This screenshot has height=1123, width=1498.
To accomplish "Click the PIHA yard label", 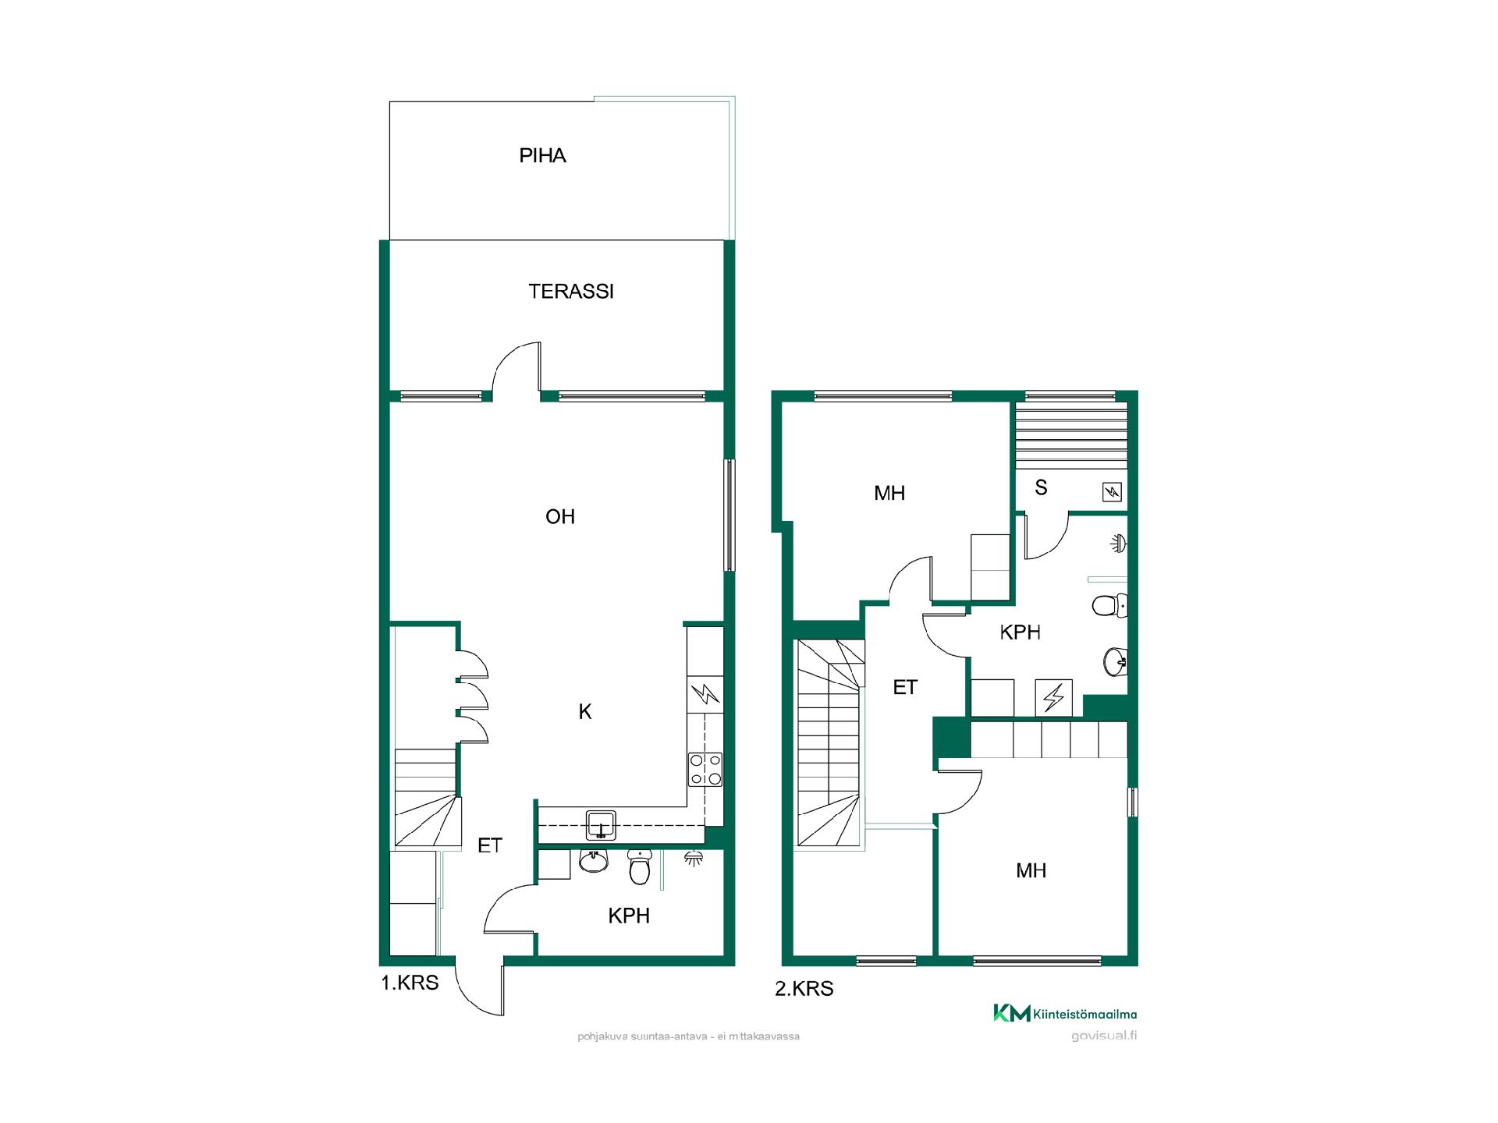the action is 542,156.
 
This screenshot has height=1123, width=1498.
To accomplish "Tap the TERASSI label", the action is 571,292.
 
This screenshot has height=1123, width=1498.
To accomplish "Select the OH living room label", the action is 560,516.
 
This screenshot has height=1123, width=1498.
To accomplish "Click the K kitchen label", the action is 585,711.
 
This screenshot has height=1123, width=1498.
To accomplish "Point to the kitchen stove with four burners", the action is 705,769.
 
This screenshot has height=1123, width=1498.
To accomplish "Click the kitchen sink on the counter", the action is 601,825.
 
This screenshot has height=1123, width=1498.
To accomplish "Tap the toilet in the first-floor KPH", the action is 639,866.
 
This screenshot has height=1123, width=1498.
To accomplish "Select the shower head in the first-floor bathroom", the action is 693,858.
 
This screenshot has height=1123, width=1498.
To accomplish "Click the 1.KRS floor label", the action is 410,983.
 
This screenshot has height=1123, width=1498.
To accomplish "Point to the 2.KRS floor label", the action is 804,989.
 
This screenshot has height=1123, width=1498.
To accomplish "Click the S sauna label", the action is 1041,488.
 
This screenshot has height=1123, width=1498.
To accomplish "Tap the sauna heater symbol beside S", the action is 1112,492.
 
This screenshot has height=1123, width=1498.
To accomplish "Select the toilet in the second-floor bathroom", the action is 1110,605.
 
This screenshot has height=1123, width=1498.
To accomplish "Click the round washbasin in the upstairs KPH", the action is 1116,662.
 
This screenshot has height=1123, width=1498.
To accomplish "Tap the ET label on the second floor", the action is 905,687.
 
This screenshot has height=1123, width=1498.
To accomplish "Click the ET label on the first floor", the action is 490,845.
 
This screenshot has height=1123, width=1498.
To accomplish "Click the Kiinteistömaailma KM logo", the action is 1065,1014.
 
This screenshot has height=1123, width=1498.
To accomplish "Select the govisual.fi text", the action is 1104,1036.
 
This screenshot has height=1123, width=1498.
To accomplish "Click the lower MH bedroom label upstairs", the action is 1031,871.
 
